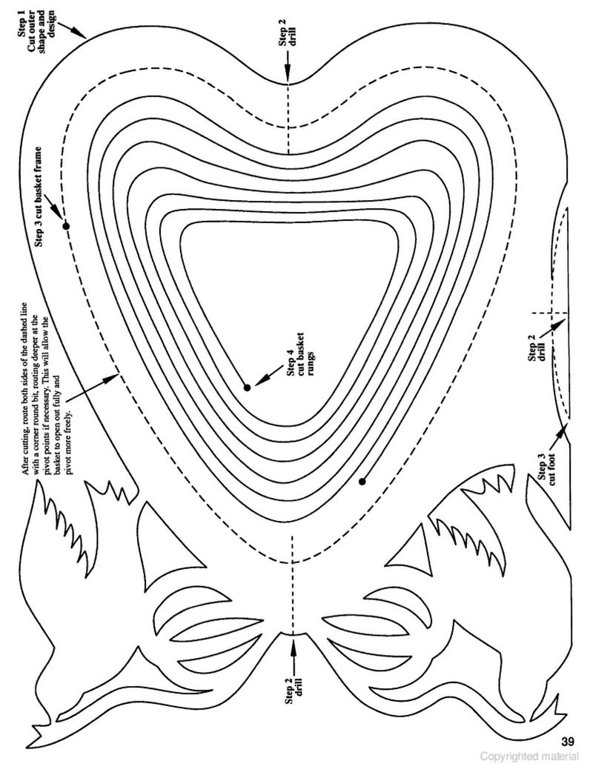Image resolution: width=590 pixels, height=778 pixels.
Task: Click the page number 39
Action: click(x=568, y=742)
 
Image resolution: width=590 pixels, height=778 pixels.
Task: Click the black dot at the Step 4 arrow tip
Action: click(x=247, y=388)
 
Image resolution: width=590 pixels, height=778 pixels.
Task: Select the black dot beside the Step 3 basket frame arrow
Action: click(x=66, y=226)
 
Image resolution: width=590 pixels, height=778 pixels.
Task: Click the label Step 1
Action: click(x=21, y=25)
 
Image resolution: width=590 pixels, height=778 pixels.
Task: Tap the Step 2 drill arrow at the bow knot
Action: click(x=293, y=653)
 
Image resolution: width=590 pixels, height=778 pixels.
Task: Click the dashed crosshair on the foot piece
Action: click(x=550, y=313)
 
